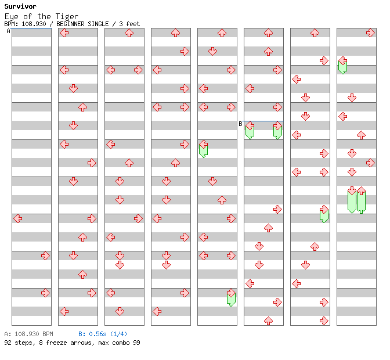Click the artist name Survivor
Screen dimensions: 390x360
tap(20, 6)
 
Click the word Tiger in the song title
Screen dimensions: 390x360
tap(67, 17)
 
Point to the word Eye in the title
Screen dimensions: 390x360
tap(12, 17)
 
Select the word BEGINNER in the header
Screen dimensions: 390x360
tap(70, 24)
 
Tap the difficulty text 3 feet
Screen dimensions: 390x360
tap(129, 24)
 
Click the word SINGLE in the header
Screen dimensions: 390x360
tap(98, 24)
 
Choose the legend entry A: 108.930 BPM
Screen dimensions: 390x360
tap(28, 334)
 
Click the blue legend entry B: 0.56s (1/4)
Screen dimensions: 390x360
tap(103, 334)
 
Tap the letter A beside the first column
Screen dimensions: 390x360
tap(8, 31)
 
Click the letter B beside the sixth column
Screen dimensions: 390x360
tap(240, 124)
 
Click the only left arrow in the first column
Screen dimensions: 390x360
tap(17, 219)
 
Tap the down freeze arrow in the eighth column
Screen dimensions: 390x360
tap(352, 200)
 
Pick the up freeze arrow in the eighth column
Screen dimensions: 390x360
tap(361, 200)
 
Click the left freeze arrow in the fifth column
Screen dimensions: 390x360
tap(204, 149)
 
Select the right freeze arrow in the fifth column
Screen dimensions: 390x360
tap(231, 297)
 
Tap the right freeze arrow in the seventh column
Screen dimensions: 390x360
tap(324, 214)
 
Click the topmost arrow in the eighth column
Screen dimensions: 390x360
tap(370, 33)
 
